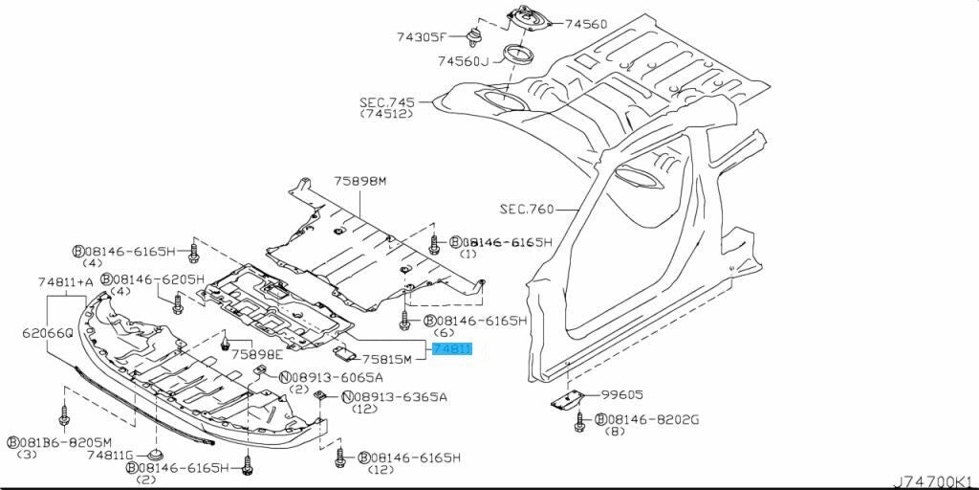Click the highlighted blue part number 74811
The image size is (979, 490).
452,350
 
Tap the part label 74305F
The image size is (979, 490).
422,37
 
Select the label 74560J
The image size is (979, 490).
463,62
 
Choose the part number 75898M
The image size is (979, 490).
359,181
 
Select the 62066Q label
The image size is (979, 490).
47,333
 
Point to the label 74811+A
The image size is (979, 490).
66,282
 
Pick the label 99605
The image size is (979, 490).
623,393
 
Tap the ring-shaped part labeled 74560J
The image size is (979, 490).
519,53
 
